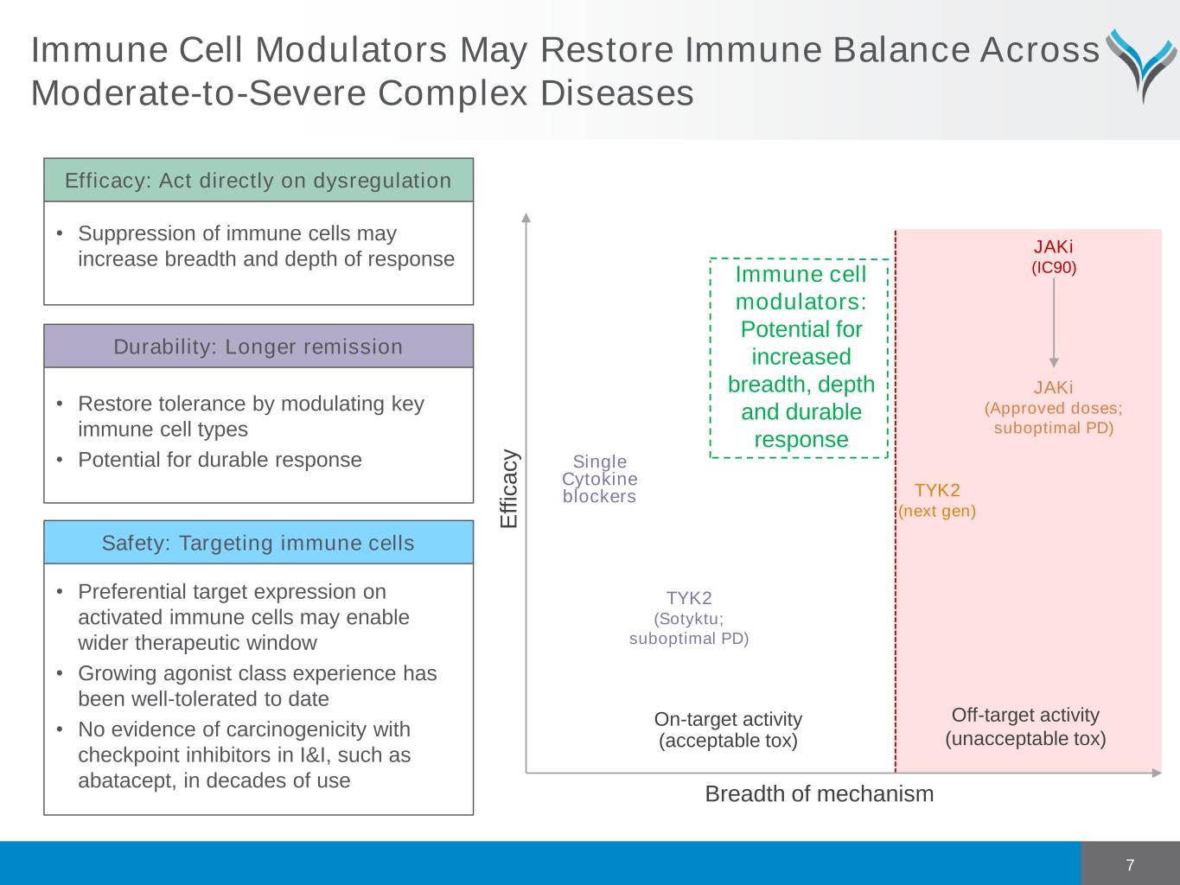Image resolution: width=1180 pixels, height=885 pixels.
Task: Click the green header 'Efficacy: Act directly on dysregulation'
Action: tap(258, 181)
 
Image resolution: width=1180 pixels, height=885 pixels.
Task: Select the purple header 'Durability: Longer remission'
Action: tap(258, 347)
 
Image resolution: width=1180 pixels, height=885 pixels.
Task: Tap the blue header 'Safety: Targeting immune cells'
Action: tap(258, 543)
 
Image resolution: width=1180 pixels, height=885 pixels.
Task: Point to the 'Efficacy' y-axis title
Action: tap(509, 489)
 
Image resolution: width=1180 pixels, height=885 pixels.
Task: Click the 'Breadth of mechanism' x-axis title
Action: tap(819, 793)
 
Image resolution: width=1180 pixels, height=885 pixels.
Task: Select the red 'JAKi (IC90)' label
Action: tap(1054, 257)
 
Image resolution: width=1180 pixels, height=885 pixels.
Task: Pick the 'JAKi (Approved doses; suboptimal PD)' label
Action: tap(1054, 407)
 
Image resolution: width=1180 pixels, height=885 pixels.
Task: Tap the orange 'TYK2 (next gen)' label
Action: tap(937, 500)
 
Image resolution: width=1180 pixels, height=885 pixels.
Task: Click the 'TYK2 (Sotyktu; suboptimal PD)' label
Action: tap(689, 618)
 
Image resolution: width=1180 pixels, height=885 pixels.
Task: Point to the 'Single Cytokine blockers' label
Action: tap(600, 479)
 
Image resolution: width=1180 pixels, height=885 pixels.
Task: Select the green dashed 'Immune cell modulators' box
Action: tap(800, 357)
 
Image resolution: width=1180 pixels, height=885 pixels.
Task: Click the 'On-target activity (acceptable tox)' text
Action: tap(728, 729)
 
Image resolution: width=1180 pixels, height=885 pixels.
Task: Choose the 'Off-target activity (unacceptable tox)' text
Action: tap(1025, 727)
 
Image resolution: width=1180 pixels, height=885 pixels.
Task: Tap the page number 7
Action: tap(1130, 865)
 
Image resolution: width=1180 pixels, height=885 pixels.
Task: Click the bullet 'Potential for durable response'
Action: tap(220, 460)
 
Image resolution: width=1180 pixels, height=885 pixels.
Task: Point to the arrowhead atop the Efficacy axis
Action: tap(526, 217)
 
